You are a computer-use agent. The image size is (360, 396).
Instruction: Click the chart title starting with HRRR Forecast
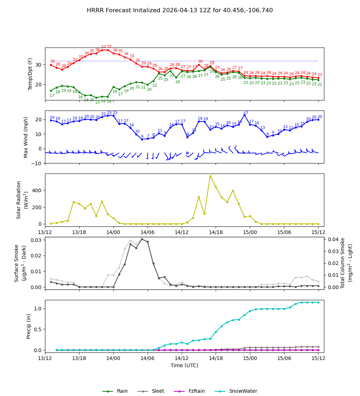(180, 10)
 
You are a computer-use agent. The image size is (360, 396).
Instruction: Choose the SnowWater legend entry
(243, 391)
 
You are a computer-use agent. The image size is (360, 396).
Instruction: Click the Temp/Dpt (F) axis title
(30, 74)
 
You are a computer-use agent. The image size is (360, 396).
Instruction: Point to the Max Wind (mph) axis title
(26, 137)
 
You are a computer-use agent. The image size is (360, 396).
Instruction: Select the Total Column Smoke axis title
(343, 263)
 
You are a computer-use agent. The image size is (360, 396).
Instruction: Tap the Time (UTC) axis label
(184, 365)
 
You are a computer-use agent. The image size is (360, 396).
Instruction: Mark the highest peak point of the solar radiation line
(210, 176)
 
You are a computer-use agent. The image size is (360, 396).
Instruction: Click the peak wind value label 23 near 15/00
(246, 112)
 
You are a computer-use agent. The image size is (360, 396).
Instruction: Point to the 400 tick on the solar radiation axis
(38, 190)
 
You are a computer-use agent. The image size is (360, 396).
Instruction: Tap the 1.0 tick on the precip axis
(39, 309)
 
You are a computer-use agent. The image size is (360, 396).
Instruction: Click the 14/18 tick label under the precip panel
(216, 359)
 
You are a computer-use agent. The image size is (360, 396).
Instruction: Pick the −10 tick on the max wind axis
(37, 163)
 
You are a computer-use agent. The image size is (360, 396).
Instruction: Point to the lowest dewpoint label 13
(97, 102)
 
